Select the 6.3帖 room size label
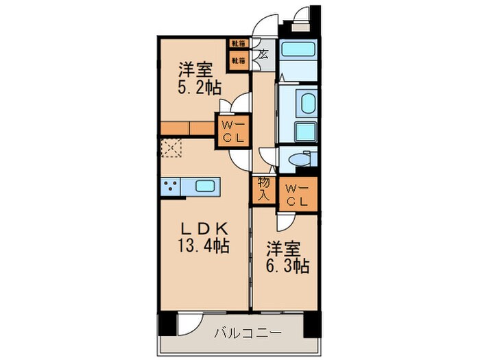coord(287,265)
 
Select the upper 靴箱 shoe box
coord(237,46)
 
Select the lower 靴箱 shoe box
coord(237,60)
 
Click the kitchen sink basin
coord(206,185)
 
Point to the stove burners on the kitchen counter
coord(171,185)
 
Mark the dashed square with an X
coord(169,148)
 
